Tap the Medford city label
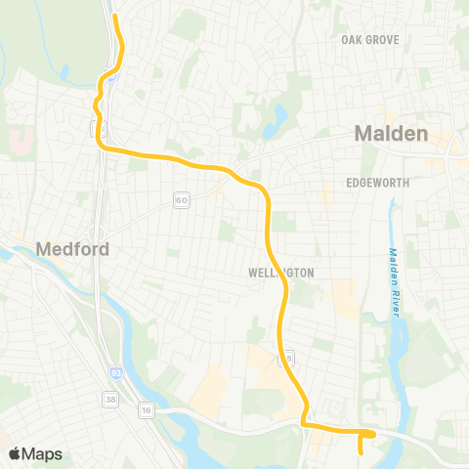(x=71, y=249)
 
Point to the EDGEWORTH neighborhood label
(x=376, y=183)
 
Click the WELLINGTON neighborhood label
(x=280, y=274)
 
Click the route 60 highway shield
(x=182, y=199)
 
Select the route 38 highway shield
(x=109, y=399)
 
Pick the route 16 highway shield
(x=146, y=408)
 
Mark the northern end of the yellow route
(x=114, y=16)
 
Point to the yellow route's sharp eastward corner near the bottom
(x=302, y=424)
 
